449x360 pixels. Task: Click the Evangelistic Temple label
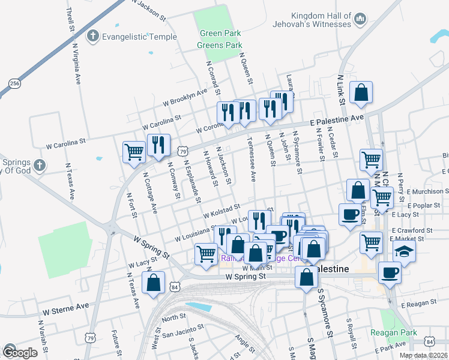click(x=139, y=37)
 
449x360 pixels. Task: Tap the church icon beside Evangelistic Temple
click(x=92, y=37)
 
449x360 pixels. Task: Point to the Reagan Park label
click(x=410, y=332)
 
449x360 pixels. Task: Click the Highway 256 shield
click(x=15, y=83)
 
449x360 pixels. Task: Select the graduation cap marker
click(x=405, y=251)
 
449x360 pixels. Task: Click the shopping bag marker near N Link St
click(x=361, y=93)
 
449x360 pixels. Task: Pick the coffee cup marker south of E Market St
click(x=390, y=273)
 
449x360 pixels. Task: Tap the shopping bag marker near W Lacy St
click(x=154, y=282)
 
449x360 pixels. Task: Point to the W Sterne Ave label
click(x=65, y=307)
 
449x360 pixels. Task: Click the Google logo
click(x=20, y=352)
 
